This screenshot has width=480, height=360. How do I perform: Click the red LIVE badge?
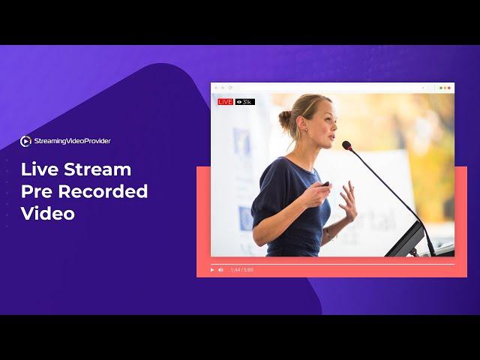pos(225,102)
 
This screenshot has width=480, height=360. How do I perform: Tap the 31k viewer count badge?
pos(245,102)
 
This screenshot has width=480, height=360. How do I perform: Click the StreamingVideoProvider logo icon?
pos(25,141)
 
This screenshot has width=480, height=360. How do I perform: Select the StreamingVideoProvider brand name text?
pos(72,141)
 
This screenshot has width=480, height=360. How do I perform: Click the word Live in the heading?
pos(40,169)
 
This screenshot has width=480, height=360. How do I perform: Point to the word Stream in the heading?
pos(97,169)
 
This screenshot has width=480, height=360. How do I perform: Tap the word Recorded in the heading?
pos(103,191)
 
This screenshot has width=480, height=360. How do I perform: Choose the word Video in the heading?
pos(48,213)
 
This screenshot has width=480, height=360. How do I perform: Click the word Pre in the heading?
pos(37,191)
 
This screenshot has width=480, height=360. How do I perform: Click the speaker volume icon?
pos(220,270)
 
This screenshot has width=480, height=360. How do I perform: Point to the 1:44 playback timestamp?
pos(235,270)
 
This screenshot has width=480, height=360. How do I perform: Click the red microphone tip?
pos(346,145)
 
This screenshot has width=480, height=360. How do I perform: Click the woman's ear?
pos(303,124)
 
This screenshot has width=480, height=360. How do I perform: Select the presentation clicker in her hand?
pos(324,184)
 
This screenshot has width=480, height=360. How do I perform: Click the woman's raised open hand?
pos(348,200)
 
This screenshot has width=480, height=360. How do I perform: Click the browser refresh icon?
pos(230,88)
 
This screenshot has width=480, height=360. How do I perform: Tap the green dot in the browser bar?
pos(441,88)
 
